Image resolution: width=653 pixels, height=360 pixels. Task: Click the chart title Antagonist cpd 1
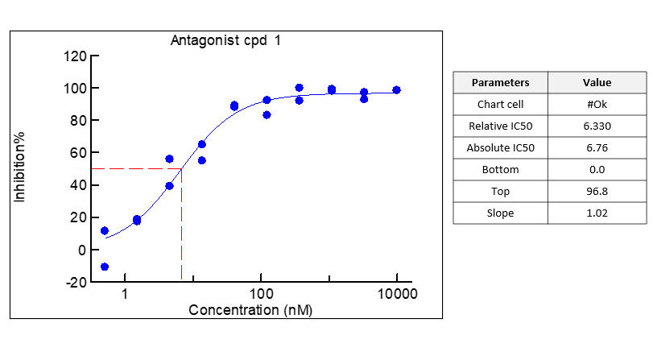(x=226, y=40)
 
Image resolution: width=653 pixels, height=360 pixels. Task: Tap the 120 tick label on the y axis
(x=76, y=56)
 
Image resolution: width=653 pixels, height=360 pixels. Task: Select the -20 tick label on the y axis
(x=76, y=282)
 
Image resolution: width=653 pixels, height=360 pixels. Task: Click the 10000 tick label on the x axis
(x=396, y=294)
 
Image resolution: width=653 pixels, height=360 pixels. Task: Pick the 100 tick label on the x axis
(x=260, y=294)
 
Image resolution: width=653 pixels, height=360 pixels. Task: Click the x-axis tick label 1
(x=125, y=294)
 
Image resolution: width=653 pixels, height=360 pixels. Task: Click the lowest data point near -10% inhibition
(x=105, y=267)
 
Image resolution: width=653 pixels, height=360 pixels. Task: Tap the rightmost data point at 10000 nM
(x=396, y=90)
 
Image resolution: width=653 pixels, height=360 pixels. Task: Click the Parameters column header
(x=500, y=82)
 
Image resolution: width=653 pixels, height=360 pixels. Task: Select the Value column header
(x=597, y=82)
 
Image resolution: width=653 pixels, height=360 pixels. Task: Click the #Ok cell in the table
(x=597, y=104)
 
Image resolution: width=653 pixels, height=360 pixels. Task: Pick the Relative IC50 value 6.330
(x=597, y=126)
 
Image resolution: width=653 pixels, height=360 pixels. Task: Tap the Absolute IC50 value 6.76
(x=597, y=147)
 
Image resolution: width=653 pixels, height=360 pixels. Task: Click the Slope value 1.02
(x=597, y=213)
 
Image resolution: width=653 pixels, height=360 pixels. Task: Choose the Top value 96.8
(x=597, y=191)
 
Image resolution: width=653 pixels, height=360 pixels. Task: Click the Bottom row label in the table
(x=500, y=169)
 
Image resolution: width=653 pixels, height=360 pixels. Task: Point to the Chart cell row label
(x=500, y=104)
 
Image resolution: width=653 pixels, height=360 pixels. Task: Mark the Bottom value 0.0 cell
(x=597, y=169)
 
